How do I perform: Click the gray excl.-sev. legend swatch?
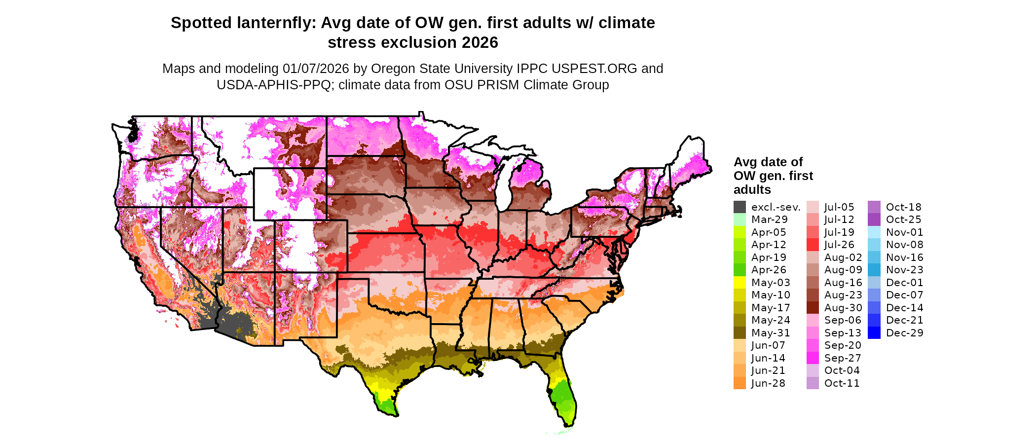pos(740,207)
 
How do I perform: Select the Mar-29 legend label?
pos(770,220)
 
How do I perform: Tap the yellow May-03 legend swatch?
pos(740,283)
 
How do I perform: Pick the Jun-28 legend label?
pos(768,383)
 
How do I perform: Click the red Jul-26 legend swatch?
pos(813,245)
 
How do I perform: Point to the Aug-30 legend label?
pos(843,308)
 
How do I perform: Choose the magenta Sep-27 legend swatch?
pos(813,358)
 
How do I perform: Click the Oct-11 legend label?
pos(842,383)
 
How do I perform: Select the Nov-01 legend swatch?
pos(874,232)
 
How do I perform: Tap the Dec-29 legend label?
pos(904,333)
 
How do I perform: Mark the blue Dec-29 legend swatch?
pos(874,333)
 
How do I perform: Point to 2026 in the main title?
pos(480,42)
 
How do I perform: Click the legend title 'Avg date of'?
pos(768,162)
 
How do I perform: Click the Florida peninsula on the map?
pos(562,395)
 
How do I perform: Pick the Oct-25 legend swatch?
pos(874,220)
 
